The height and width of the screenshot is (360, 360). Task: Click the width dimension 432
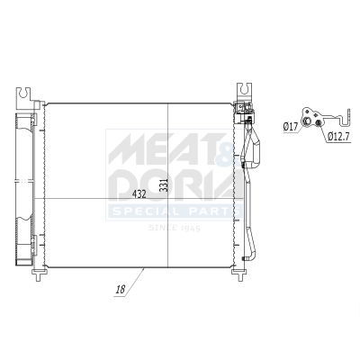(141, 193)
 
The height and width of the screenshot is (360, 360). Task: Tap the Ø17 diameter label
(290, 127)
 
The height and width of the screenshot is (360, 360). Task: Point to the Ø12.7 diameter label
(338, 136)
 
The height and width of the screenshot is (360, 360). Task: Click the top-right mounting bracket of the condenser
(243, 91)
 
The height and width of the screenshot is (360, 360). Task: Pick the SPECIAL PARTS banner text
(175, 211)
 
